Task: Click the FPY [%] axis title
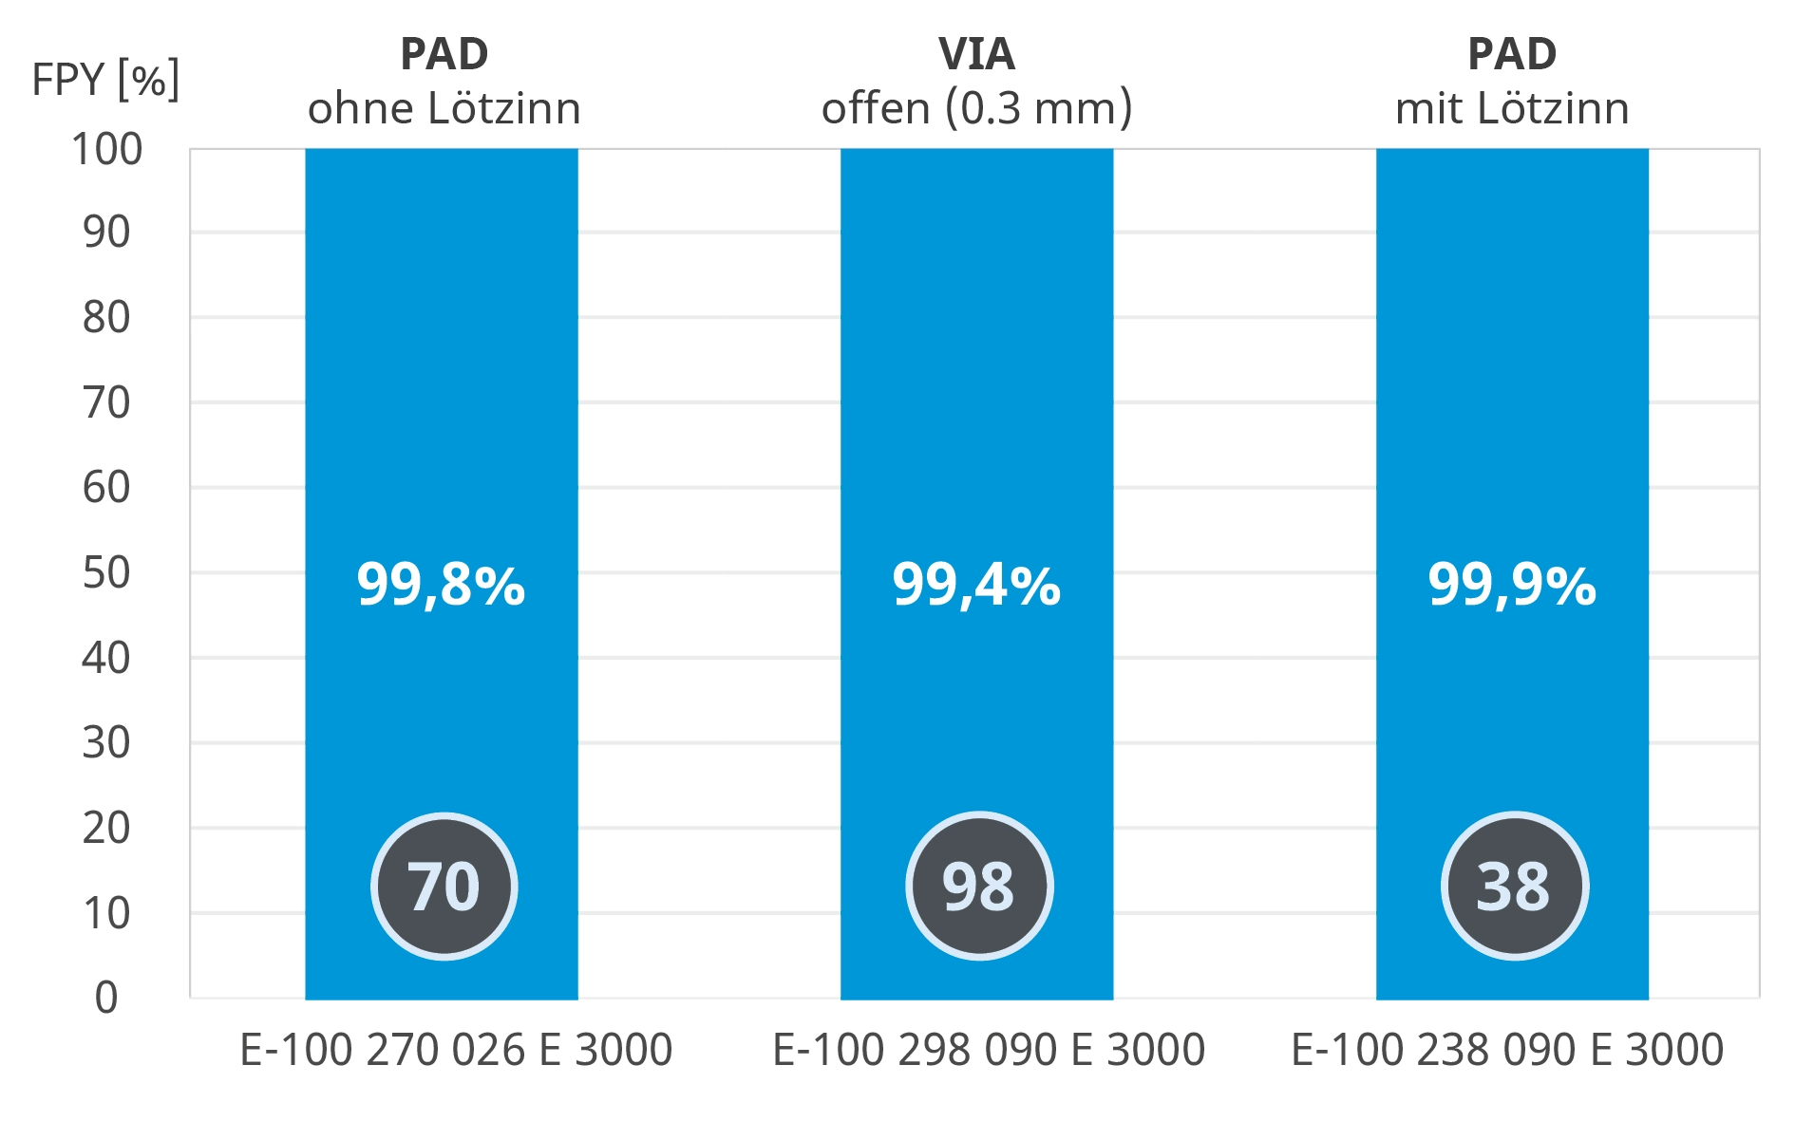[x=105, y=80]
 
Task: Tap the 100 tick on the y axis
[x=107, y=150]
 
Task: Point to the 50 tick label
[x=106, y=573]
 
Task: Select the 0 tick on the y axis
[x=106, y=999]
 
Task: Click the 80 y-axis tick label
[x=106, y=318]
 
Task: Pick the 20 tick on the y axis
[x=106, y=829]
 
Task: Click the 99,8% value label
[x=441, y=585]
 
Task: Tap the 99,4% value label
[x=976, y=585]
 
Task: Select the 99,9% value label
[x=1512, y=585]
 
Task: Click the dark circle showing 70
[x=444, y=887]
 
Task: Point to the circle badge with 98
[x=979, y=887]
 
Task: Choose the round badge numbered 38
[x=1515, y=887]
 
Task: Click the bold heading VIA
[x=976, y=54]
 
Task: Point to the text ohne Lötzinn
[x=444, y=108]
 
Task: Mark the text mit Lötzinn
[x=1512, y=108]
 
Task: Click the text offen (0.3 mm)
[x=976, y=108]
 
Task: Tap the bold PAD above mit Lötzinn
[x=1512, y=54]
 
